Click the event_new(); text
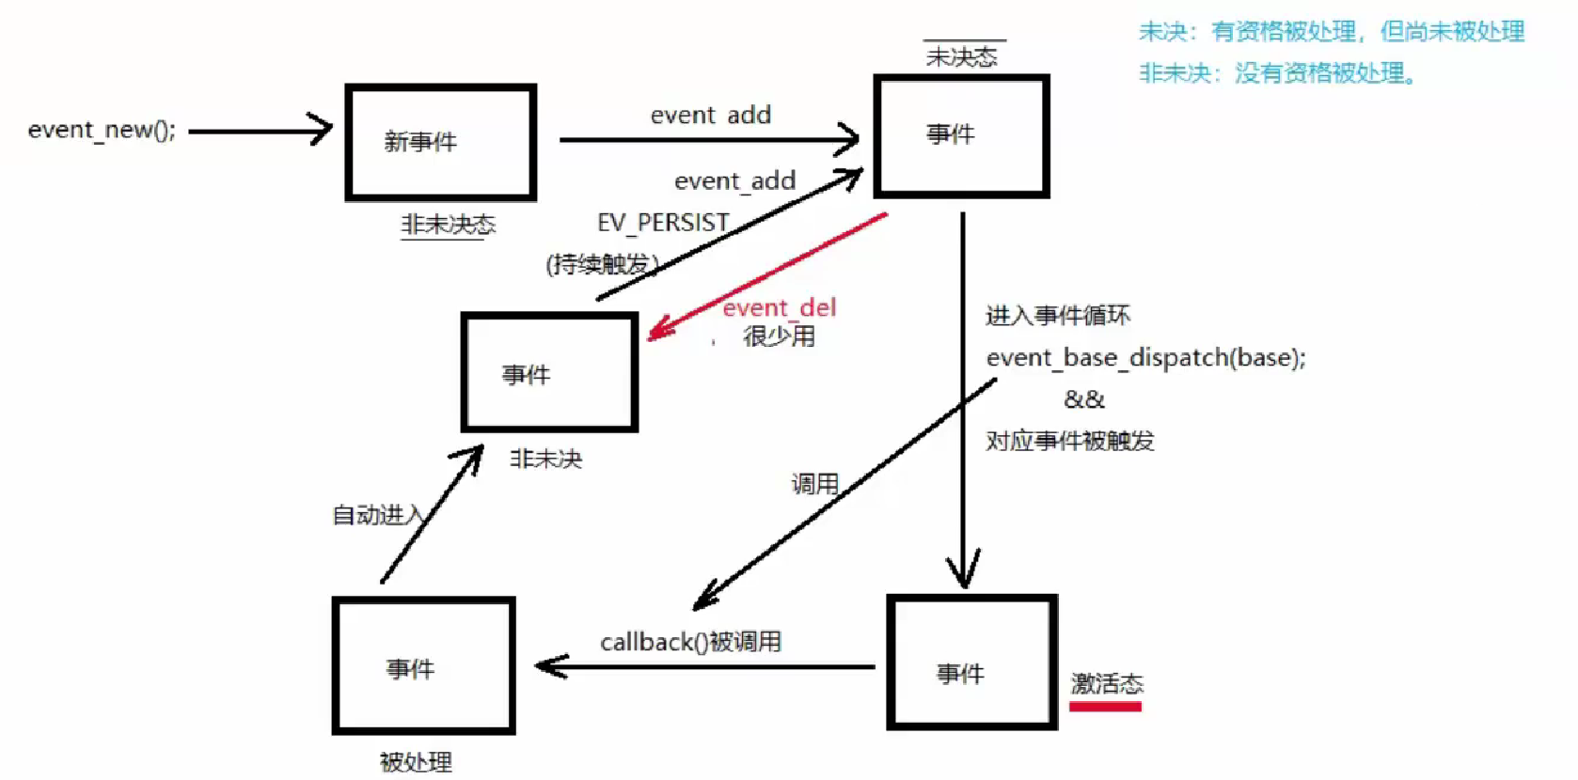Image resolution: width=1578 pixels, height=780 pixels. click(102, 130)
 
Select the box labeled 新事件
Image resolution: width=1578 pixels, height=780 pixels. click(440, 142)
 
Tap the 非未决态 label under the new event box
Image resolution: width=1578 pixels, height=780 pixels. click(448, 225)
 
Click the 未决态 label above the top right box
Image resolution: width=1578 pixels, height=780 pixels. click(961, 57)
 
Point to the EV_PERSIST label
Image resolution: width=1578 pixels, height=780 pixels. click(663, 223)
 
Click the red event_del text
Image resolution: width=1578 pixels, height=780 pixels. click(779, 307)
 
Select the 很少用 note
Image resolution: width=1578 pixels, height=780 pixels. click(779, 335)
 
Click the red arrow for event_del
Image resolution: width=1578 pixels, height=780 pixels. click(766, 273)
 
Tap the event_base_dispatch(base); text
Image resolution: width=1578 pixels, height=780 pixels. click(1145, 358)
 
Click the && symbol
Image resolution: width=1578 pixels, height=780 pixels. click(1083, 399)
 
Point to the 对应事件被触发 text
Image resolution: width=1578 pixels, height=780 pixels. click(1069, 441)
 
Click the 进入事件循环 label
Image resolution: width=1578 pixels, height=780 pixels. click(1057, 316)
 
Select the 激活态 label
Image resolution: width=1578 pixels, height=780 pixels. click(1107, 683)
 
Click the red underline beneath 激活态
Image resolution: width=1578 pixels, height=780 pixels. click(1105, 706)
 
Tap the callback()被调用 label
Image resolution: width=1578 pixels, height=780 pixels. click(690, 642)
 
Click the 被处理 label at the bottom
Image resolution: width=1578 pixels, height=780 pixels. click(416, 761)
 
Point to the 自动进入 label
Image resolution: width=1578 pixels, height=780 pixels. click(377, 515)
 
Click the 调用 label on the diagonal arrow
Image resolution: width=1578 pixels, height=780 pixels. click(814, 484)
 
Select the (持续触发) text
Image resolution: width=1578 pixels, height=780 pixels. click(602, 264)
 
